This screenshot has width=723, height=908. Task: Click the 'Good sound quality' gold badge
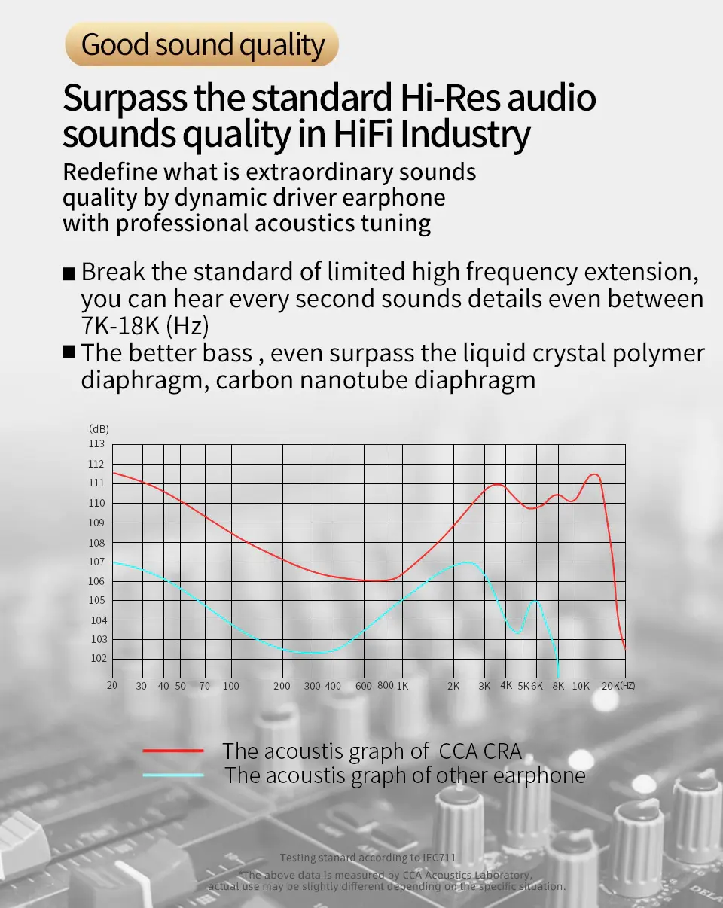[x=202, y=44]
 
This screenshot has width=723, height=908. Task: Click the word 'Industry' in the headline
[x=465, y=134]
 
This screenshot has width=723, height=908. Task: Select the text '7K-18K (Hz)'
[x=145, y=325]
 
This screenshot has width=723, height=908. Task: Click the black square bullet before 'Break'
[x=69, y=273]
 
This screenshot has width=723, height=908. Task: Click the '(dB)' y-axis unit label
[x=99, y=428]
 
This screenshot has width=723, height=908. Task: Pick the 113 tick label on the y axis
[x=96, y=443]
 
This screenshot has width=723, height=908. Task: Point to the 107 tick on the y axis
[x=96, y=562]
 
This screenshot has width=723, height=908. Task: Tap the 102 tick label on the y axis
[x=99, y=658]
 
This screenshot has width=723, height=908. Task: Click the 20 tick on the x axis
[x=112, y=685]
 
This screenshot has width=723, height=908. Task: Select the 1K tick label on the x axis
[x=402, y=686]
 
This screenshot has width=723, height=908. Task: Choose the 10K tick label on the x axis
[x=581, y=686]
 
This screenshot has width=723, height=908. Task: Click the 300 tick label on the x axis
[x=312, y=686]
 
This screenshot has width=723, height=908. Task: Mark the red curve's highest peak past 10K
[x=595, y=474]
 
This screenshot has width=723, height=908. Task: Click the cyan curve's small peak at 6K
[x=535, y=600]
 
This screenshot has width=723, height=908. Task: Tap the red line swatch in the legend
[x=173, y=751]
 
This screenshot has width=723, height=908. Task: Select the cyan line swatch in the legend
[x=173, y=775]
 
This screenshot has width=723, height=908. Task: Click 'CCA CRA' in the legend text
[x=480, y=751]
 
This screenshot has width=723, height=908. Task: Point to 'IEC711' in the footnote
[x=439, y=858]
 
